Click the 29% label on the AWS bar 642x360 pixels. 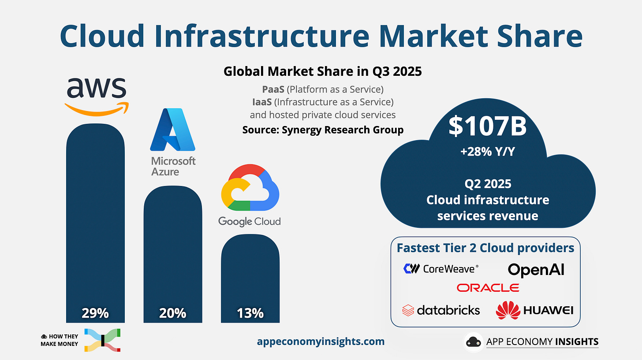click(x=95, y=313)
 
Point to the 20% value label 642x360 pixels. click(x=173, y=313)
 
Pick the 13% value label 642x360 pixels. click(x=250, y=313)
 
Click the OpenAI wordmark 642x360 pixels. click(x=536, y=270)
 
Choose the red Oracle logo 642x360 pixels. click(x=488, y=288)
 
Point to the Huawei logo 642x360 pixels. click(x=534, y=310)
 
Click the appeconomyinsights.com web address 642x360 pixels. click(x=321, y=341)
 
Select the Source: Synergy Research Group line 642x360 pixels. click(x=323, y=130)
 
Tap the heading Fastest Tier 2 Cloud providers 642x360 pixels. click(x=485, y=248)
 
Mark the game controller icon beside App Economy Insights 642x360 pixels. click(x=474, y=342)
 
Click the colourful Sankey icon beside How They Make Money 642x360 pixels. click(x=102, y=340)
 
